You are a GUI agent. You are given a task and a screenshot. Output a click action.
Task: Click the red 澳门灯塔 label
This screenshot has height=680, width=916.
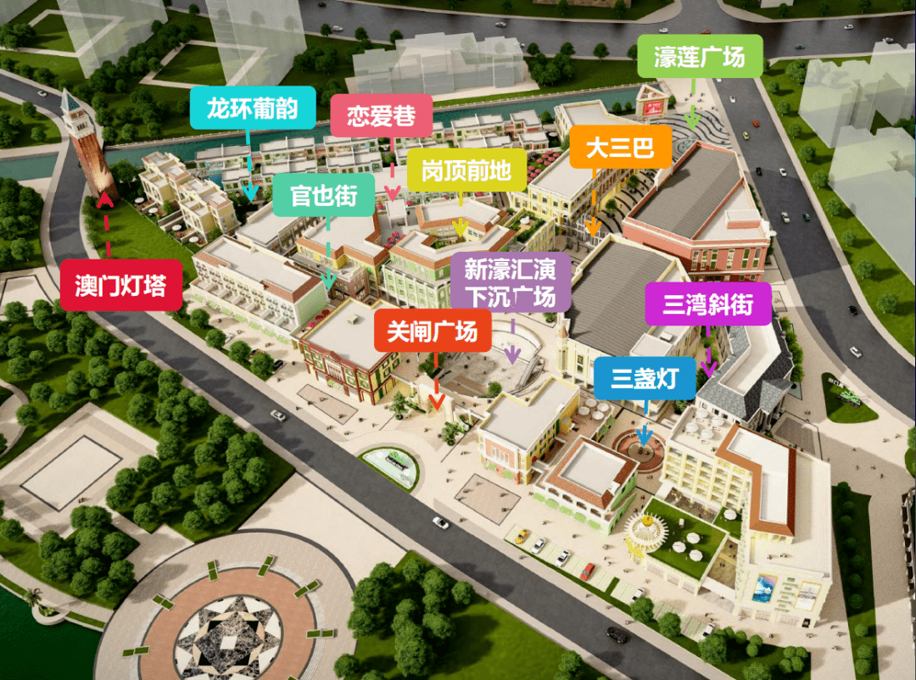pyautogui.click(x=121, y=285)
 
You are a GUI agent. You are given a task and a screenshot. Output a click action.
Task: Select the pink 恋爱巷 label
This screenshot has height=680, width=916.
pyautogui.click(x=381, y=115)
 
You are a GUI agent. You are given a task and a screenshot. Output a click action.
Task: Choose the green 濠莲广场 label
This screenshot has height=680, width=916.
pyautogui.click(x=699, y=57)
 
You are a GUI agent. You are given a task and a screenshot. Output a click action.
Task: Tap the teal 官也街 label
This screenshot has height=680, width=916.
pyautogui.click(x=323, y=196)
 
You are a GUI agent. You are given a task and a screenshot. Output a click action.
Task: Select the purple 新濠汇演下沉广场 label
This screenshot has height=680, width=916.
pyautogui.click(x=511, y=283)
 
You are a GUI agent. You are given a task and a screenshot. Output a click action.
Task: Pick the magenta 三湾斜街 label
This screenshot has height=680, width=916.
pyautogui.click(x=708, y=304)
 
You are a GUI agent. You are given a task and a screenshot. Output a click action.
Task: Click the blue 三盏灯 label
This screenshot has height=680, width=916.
pyautogui.click(x=645, y=378)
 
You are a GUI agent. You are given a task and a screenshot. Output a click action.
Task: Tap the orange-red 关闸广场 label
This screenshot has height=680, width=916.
pyautogui.click(x=433, y=330)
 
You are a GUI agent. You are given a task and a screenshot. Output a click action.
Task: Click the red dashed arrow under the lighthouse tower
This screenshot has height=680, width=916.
pyautogui.click(x=108, y=225)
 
